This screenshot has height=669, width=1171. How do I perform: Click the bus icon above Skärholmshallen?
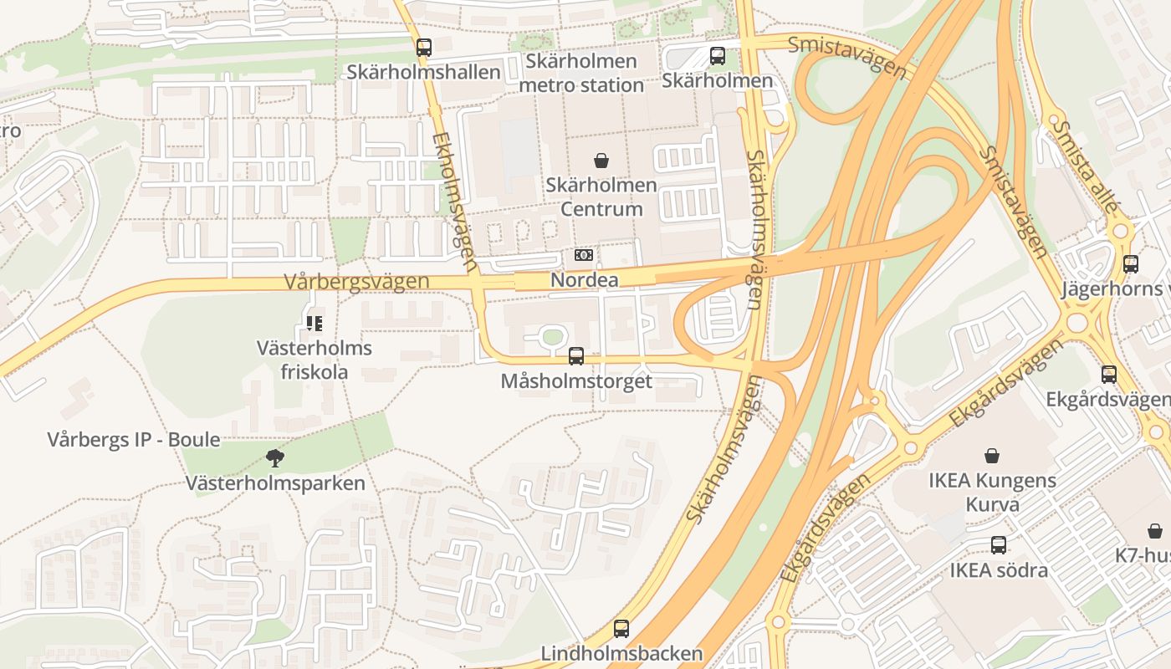(x=424, y=48)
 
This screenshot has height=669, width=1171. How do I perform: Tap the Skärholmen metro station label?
(x=581, y=73)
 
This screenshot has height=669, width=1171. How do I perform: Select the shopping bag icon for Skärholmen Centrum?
(x=601, y=161)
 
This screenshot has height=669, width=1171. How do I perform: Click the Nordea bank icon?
(x=584, y=255)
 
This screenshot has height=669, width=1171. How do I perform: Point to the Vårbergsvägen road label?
(x=356, y=282)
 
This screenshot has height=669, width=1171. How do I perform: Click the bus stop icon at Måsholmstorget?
(x=576, y=356)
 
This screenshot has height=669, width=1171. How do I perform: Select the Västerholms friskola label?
(x=314, y=360)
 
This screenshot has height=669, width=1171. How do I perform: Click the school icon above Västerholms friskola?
(x=314, y=323)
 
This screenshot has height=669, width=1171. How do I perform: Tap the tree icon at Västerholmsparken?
(x=274, y=457)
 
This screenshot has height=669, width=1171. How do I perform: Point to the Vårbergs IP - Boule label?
(x=134, y=439)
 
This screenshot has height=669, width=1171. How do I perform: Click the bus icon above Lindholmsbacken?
(x=621, y=629)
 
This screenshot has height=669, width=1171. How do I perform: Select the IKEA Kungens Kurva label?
(x=992, y=493)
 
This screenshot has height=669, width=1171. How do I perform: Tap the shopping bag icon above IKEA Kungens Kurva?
(x=992, y=456)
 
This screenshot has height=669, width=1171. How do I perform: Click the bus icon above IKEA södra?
(x=998, y=545)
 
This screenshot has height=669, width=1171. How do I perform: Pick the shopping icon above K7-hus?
(x=1155, y=531)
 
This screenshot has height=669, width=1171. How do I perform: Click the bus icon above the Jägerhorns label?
(x=1130, y=263)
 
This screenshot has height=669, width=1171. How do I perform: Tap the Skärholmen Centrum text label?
(x=601, y=197)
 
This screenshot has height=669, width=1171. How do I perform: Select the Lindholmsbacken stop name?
(x=621, y=653)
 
